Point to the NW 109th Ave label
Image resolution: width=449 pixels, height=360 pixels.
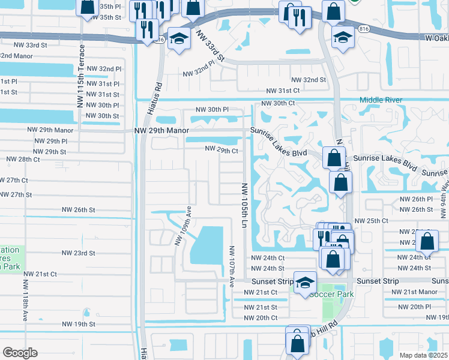tap(183, 227)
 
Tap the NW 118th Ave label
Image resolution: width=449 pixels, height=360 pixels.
tap(26, 298)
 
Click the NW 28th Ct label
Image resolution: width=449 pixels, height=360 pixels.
tap(23, 160)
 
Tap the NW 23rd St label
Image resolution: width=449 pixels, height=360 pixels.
tap(78, 253)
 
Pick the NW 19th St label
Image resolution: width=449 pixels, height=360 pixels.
tap(78, 324)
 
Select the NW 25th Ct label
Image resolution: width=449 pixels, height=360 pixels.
tap(372, 221)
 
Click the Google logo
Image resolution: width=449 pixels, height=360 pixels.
tap(20, 353)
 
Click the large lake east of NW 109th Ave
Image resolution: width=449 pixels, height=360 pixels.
tap(208, 246)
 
